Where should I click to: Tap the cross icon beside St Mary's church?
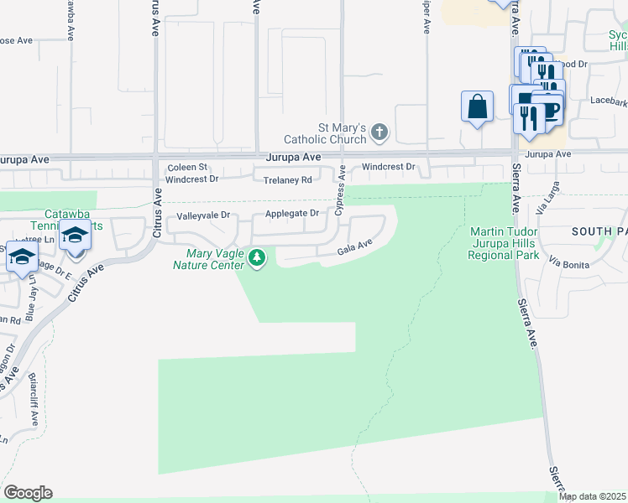[379, 131]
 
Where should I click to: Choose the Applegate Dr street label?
[292, 214]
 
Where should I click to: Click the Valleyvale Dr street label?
[203, 216]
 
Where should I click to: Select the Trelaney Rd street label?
[287, 179]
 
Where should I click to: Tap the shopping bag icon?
[477, 107]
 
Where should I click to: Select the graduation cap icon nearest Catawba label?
[75, 236]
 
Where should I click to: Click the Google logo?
[28, 493]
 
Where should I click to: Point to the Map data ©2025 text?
[592, 496]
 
